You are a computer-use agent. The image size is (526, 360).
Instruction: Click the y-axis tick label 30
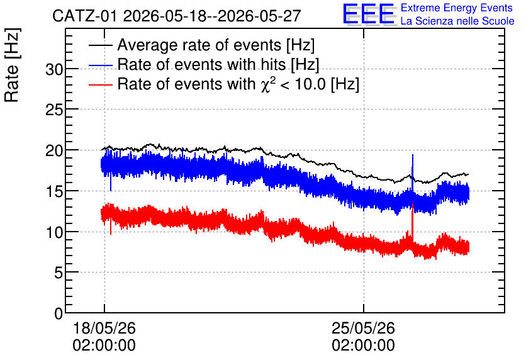[54, 69]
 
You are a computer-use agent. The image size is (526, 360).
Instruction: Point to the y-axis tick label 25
[54, 110]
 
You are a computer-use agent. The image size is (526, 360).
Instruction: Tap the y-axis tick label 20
[54, 150]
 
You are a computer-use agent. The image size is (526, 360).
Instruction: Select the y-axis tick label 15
[54, 191]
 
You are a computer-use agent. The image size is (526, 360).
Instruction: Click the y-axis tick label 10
[54, 232]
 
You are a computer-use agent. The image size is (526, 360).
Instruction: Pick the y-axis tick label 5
[59, 273]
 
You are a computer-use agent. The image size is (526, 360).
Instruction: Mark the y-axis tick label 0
[59, 313]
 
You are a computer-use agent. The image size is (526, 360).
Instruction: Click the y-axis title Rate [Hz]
[12, 65]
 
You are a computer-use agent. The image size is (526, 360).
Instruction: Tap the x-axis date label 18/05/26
[104, 328]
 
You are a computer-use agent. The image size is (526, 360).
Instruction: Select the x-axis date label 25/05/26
[363, 328]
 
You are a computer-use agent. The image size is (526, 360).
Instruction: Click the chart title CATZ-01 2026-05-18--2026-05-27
[176, 16]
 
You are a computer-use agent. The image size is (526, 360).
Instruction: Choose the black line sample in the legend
[101, 45]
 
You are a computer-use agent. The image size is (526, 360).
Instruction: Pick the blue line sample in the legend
[101, 65]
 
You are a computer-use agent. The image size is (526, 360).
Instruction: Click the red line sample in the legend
[101, 84]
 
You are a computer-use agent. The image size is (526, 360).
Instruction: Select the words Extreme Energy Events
[457, 8]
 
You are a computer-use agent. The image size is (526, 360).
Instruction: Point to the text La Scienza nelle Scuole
[457, 21]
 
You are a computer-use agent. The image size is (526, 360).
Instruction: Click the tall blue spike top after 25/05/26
[412, 155]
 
